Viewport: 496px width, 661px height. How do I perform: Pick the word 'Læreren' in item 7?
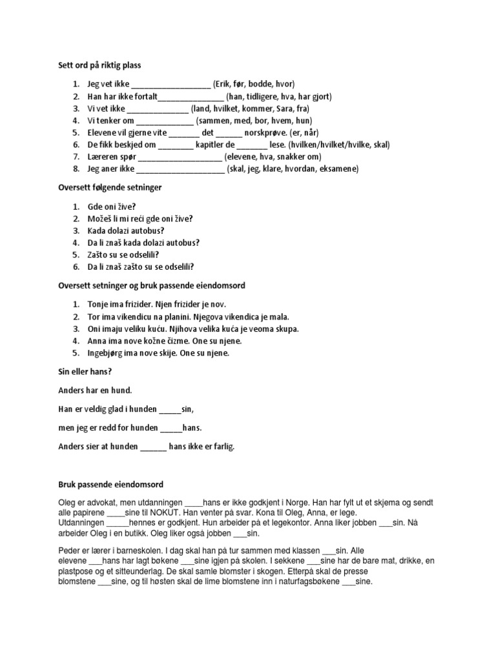102,157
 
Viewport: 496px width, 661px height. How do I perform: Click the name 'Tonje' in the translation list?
98,304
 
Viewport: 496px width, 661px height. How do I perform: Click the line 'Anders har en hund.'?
95,390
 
